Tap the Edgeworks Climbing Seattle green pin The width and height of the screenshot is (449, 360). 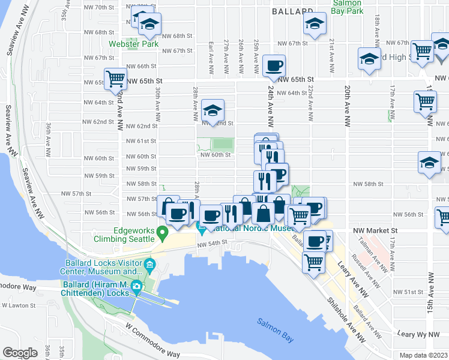(161, 232)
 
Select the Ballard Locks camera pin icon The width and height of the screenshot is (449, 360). (137, 287)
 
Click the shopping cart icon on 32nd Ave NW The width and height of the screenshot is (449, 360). (115, 79)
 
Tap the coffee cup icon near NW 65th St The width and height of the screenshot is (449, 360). (274, 65)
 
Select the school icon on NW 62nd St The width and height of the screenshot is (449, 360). (212, 110)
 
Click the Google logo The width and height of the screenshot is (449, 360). (20, 353)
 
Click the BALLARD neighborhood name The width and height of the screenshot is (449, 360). (292, 11)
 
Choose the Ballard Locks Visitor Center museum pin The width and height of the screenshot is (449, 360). (150, 264)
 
